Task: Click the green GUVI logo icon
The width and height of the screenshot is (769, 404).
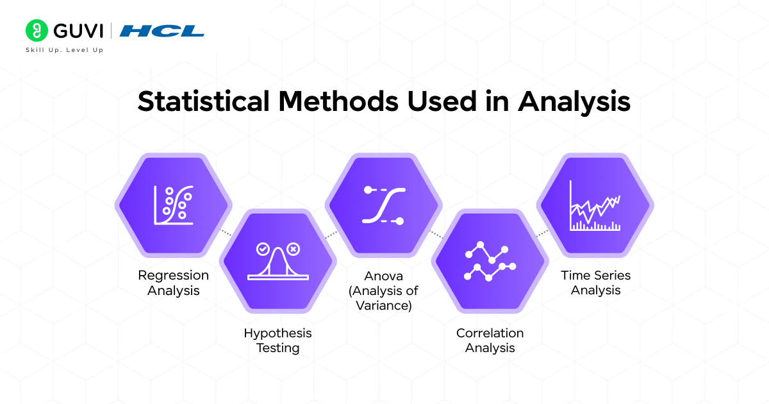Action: pos(37,31)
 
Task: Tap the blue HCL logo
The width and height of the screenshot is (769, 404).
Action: pos(162,31)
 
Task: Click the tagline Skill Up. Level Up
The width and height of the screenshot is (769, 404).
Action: pos(64,50)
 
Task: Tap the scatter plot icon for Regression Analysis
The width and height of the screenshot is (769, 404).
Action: pos(173,205)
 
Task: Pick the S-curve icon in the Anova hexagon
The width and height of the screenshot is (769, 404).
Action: pos(383,205)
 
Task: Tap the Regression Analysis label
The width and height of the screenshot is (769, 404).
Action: pos(173,283)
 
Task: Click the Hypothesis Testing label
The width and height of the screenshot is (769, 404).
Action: pos(277,341)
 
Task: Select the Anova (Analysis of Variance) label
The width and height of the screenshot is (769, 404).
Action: pos(383,290)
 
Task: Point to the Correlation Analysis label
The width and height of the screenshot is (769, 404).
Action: pos(490,341)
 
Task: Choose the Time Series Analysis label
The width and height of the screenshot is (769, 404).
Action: pos(595,283)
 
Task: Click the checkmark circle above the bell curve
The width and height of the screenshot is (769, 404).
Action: pos(262,249)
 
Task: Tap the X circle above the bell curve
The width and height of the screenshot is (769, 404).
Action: pos(293,249)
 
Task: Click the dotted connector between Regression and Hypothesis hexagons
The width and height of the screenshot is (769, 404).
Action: pos(225,233)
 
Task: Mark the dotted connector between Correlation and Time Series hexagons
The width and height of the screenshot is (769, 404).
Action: pos(542,233)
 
